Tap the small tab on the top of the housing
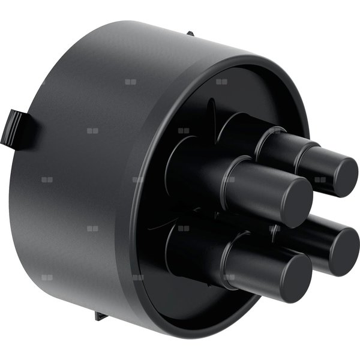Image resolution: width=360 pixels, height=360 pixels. tap(190, 34)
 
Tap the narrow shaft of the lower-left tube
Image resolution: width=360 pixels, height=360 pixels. tap(252, 264)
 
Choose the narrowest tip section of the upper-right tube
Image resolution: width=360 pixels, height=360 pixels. tap(318, 165)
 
